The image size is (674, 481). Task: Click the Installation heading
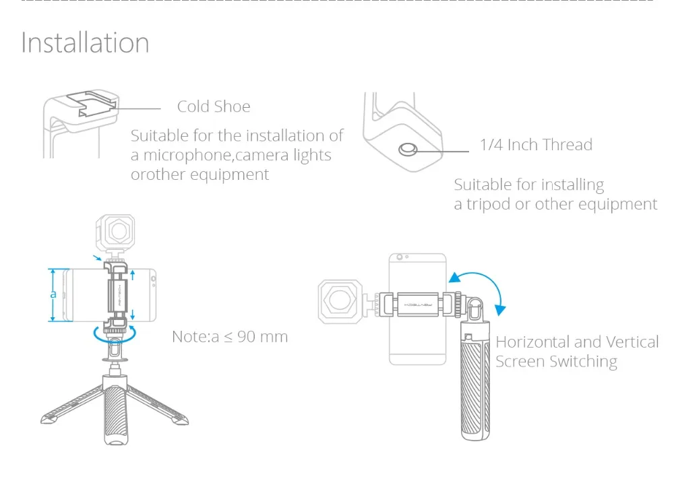coord(85,43)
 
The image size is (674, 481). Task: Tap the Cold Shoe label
coord(214,106)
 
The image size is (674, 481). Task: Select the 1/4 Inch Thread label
coord(536,145)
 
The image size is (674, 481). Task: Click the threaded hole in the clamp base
coord(408,150)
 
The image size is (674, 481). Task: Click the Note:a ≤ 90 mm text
coord(230,337)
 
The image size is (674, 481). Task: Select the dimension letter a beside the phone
coord(53,294)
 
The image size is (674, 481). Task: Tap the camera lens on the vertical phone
coord(400,257)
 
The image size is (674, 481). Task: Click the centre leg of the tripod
coord(116,412)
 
